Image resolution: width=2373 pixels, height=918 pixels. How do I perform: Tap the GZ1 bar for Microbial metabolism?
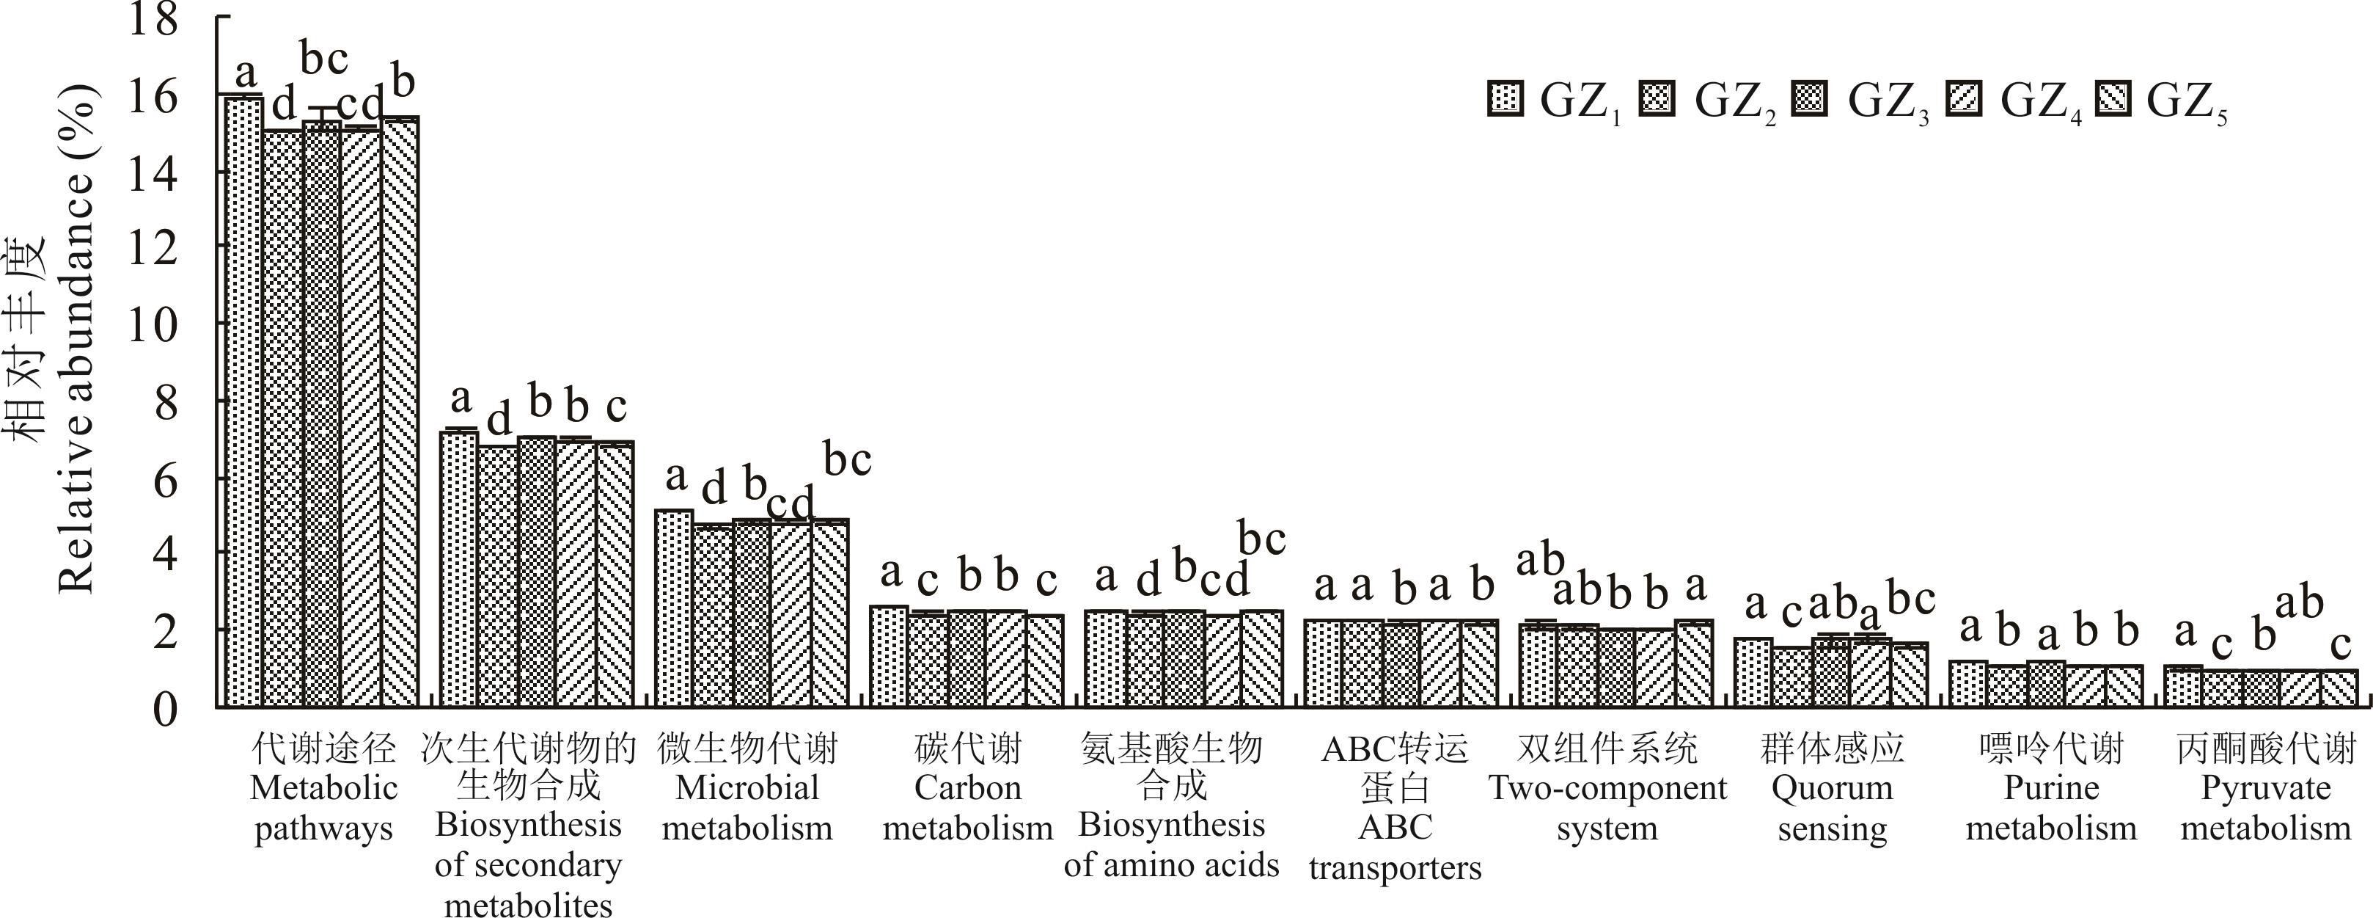(x=673, y=608)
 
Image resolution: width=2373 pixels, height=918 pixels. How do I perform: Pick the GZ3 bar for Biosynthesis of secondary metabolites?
(x=537, y=572)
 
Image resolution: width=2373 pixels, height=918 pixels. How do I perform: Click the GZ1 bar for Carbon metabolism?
(x=889, y=656)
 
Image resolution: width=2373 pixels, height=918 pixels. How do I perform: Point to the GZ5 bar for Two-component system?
(x=1693, y=663)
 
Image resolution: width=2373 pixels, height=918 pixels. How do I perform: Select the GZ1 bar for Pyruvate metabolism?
(x=2182, y=687)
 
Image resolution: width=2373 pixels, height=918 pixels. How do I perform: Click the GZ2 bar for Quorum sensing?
(x=1791, y=677)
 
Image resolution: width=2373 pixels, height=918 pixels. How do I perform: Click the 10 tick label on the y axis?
(x=152, y=324)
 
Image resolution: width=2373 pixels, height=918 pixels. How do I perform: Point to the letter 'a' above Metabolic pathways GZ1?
(x=245, y=72)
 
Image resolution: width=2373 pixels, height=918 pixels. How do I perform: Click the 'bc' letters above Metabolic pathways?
(x=324, y=61)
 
